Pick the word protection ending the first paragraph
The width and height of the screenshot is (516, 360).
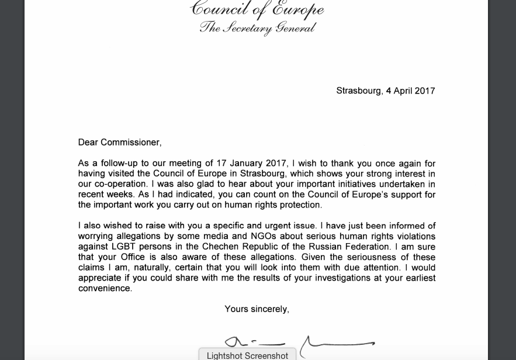[x=297, y=205]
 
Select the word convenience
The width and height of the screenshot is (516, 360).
[x=105, y=289]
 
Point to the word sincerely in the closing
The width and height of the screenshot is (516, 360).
[x=269, y=309]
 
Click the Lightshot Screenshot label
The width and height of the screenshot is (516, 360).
[x=247, y=355]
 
